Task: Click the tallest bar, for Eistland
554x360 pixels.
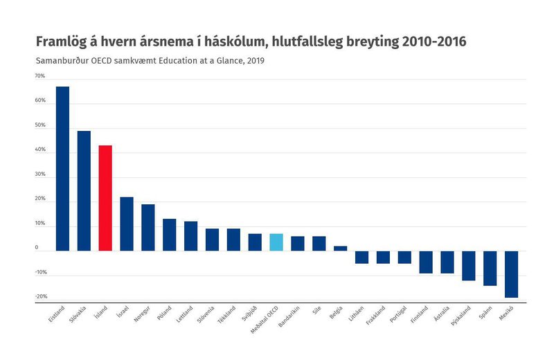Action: coord(62,168)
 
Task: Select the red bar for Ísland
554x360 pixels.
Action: coord(105,198)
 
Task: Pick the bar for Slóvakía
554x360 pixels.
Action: coord(84,190)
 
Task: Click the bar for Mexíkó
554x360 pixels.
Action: coord(512,274)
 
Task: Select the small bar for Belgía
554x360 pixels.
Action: coord(340,249)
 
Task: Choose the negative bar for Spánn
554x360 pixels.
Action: coord(490,268)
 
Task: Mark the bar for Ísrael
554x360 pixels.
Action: coord(127,224)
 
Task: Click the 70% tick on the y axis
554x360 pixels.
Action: coord(40,76)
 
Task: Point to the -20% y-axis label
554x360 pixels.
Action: coord(40,296)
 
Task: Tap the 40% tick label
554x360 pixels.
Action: coord(40,150)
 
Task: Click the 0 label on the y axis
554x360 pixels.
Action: coord(37,247)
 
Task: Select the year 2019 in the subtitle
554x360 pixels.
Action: coord(254,60)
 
